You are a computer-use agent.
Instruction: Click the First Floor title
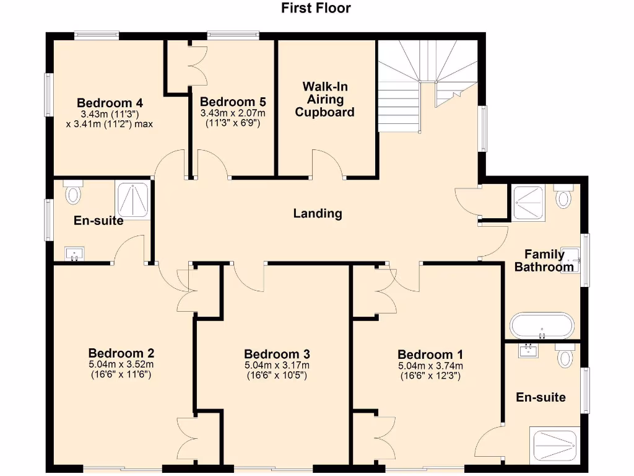pyautogui.click(x=316, y=8)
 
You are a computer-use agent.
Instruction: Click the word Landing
pyautogui.click(x=318, y=214)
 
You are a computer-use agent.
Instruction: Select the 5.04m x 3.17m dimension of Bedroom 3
pyautogui.click(x=277, y=365)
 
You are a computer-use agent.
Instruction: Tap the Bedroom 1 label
pyautogui.click(x=430, y=355)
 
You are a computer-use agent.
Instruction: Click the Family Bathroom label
pyautogui.click(x=544, y=261)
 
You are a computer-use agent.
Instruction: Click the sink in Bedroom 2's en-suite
pyautogui.click(x=76, y=254)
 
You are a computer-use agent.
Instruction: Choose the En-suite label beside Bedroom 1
pyautogui.click(x=541, y=397)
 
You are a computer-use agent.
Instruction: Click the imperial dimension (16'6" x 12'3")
pyautogui.click(x=430, y=375)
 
